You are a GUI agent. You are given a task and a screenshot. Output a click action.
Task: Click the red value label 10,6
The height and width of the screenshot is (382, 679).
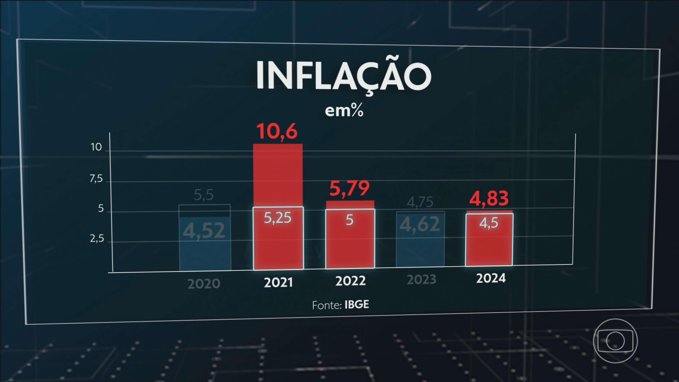[277, 131]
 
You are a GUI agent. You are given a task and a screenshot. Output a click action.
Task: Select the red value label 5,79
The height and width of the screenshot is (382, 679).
[349, 189]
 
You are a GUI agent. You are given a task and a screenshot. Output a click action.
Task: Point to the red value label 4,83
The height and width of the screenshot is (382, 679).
[489, 198]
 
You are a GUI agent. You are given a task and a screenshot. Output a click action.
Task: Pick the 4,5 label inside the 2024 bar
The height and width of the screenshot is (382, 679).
[489, 223]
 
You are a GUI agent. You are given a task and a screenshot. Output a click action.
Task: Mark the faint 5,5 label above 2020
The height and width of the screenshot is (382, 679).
[204, 195]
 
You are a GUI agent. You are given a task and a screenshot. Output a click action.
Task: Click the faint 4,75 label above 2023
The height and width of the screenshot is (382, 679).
[420, 202]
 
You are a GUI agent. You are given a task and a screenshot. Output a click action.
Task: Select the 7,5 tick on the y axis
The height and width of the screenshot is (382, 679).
[96, 179]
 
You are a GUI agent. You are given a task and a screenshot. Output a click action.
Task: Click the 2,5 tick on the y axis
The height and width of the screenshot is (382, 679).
[97, 239]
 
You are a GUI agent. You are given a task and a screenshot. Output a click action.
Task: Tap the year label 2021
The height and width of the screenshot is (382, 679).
[278, 283]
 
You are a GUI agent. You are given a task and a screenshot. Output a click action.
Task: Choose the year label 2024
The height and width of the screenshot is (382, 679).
[491, 278]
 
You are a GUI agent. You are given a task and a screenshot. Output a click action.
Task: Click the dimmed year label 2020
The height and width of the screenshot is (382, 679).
[204, 284]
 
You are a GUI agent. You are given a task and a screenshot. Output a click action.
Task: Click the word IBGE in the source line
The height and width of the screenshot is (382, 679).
[357, 305]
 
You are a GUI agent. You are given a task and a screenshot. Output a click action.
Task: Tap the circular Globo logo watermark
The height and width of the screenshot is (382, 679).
[615, 341]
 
